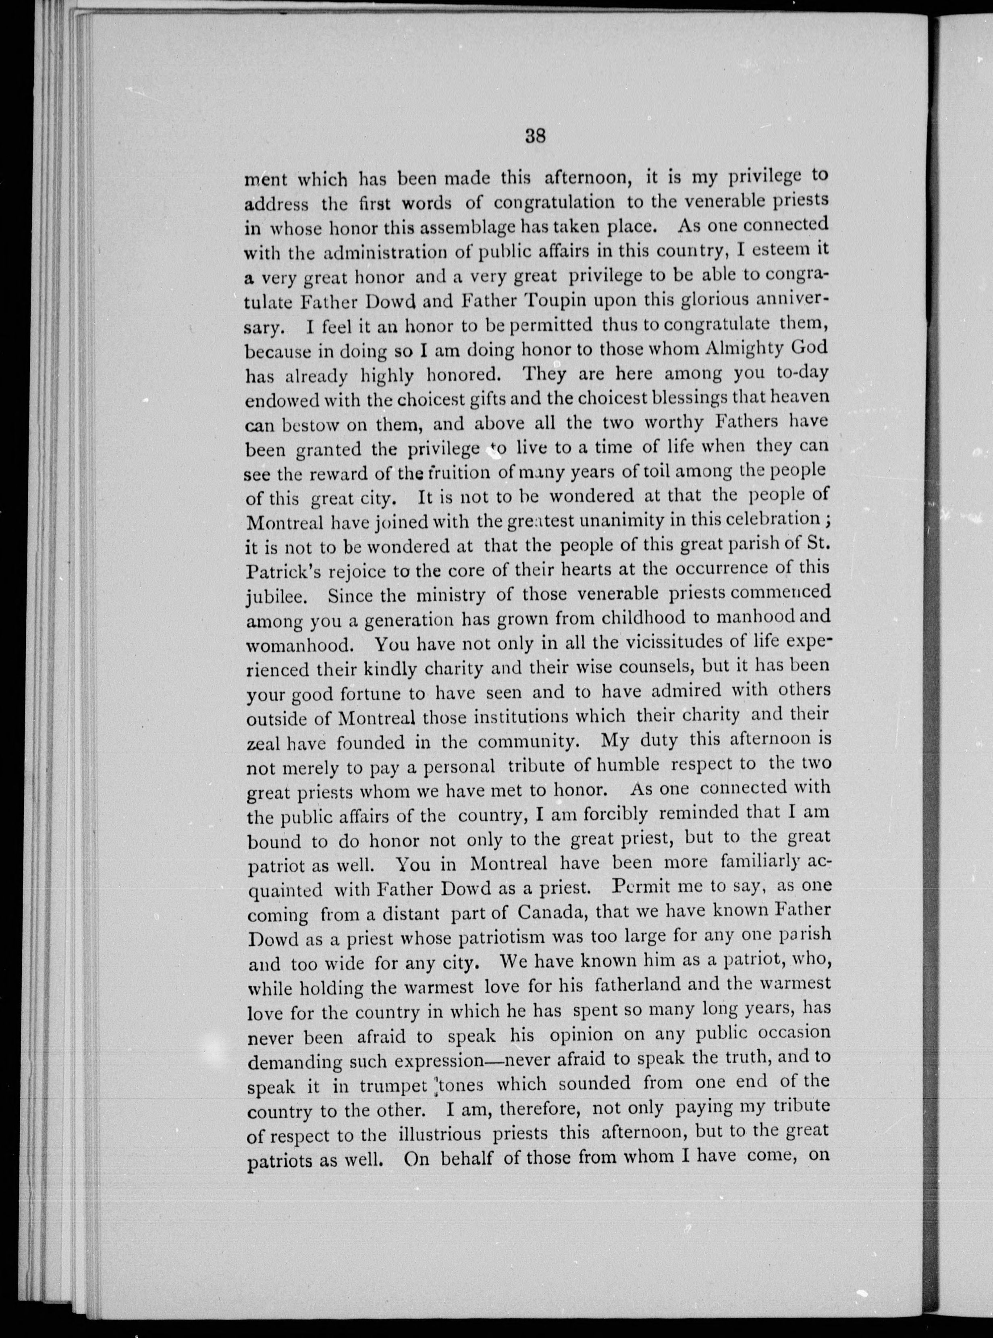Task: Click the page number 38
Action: pos(534,137)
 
